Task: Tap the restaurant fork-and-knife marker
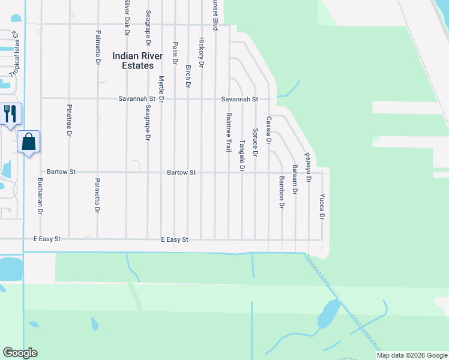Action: tap(10, 113)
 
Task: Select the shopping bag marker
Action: tap(29, 142)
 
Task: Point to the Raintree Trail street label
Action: tap(228, 131)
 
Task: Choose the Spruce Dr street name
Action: tap(255, 142)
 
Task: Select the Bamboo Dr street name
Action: tap(280, 192)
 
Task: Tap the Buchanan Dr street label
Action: tap(40, 196)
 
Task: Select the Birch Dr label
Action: tap(188, 77)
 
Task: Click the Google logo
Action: tap(20, 353)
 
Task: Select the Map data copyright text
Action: tap(411, 355)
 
